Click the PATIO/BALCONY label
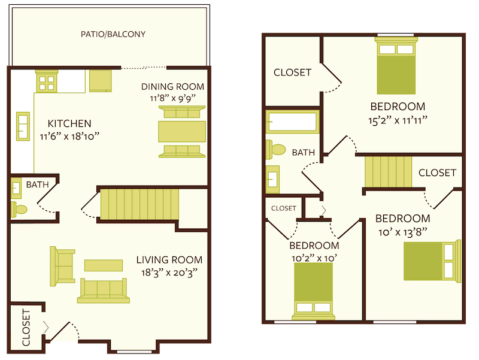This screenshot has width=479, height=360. (113, 34)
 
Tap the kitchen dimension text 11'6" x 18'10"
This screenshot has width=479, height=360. (70, 136)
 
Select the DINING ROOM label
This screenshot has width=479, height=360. (172, 86)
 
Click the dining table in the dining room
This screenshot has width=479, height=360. (182, 131)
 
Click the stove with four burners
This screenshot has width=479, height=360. (46, 81)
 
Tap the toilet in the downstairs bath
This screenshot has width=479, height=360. (19, 210)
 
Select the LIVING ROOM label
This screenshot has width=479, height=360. (169, 260)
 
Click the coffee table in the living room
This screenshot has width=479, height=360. (103, 265)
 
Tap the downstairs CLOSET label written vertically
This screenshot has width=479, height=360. (26, 328)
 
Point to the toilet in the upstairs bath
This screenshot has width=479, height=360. (278, 149)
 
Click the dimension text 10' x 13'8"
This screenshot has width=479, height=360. (402, 231)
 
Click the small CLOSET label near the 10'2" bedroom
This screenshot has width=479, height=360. (284, 208)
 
